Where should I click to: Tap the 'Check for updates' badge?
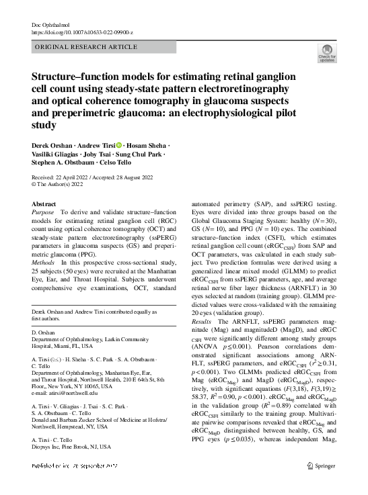[326, 53]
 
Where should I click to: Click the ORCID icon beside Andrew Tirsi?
[120, 146]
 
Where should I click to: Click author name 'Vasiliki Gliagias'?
[57, 154]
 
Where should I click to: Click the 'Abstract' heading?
[45, 202]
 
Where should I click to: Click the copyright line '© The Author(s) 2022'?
[61, 183]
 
